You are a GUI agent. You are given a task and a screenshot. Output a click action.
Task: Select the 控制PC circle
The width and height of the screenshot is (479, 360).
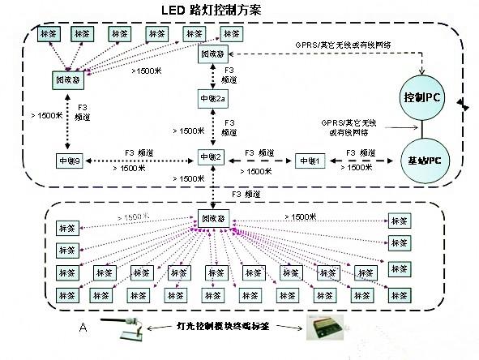tap(422, 97)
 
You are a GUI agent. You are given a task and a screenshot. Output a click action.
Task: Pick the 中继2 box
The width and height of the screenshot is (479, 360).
tap(212, 157)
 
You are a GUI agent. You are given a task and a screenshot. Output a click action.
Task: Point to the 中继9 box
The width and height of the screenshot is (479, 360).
tap(69, 159)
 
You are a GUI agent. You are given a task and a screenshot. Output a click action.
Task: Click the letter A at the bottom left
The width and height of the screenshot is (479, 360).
tap(82, 327)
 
